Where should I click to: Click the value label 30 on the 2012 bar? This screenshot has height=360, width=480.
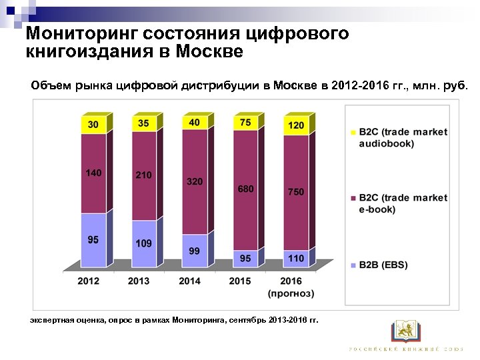click(x=93, y=125)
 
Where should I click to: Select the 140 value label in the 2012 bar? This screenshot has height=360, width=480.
click(x=93, y=173)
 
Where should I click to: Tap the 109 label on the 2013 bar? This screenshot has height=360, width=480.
click(x=144, y=243)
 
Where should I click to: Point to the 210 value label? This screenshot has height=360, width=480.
click(x=144, y=175)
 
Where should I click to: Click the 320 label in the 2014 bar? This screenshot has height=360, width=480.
click(x=195, y=181)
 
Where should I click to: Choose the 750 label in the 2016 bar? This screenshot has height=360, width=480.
click(x=296, y=191)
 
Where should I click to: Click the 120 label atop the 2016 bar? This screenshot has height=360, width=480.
click(x=296, y=125)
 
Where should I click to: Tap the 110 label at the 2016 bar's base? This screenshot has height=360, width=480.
click(x=296, y=258)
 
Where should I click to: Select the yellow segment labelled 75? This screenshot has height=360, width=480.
click(x=245, y=123)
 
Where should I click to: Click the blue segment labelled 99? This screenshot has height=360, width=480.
click(x=195, y=251)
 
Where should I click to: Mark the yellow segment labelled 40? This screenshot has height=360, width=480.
click(x=195, y=123)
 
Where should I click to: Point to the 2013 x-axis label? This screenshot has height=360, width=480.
click(x=139, y=281)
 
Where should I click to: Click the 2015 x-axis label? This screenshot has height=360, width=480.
click(x=240, y=281)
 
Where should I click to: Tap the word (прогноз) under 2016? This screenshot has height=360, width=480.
click(x=291, y=293)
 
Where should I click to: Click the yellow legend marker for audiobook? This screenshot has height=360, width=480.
click(x=353, y=132)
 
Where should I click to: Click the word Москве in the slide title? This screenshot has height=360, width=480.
click(x=203, y=51)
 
